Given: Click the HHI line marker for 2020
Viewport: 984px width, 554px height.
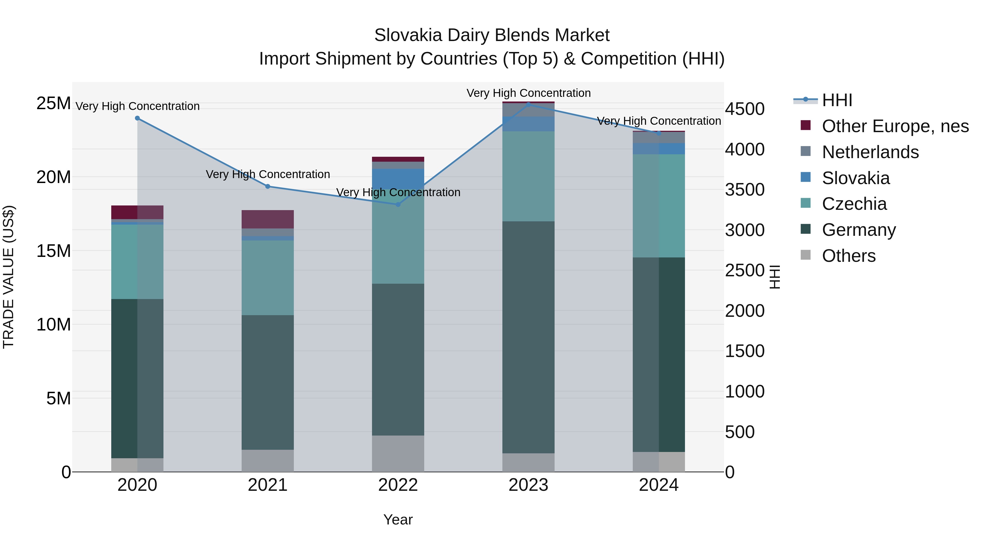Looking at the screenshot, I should pos(137,118).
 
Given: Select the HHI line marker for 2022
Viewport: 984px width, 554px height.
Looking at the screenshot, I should pos(398,205).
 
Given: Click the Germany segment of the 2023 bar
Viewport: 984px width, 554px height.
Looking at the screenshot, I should pos(528,337).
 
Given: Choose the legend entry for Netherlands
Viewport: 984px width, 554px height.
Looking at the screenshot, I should pos(870,152).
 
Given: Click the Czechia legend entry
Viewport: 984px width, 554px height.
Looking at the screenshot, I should pos(854,204).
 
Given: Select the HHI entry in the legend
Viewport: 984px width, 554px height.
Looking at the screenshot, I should pos(837,100).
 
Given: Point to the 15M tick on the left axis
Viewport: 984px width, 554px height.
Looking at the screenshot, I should pos(54,251).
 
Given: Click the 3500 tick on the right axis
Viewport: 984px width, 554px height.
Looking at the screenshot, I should pos(745,190).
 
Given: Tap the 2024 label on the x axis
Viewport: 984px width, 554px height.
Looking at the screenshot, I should pos(658,485).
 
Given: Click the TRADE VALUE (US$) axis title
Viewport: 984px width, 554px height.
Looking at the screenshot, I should pos(8,277).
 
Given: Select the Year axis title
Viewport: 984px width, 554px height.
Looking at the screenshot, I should pos(398,520).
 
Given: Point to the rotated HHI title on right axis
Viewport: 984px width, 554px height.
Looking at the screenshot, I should pos(775,277).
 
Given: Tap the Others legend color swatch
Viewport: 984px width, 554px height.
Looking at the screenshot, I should pos(805,255).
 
